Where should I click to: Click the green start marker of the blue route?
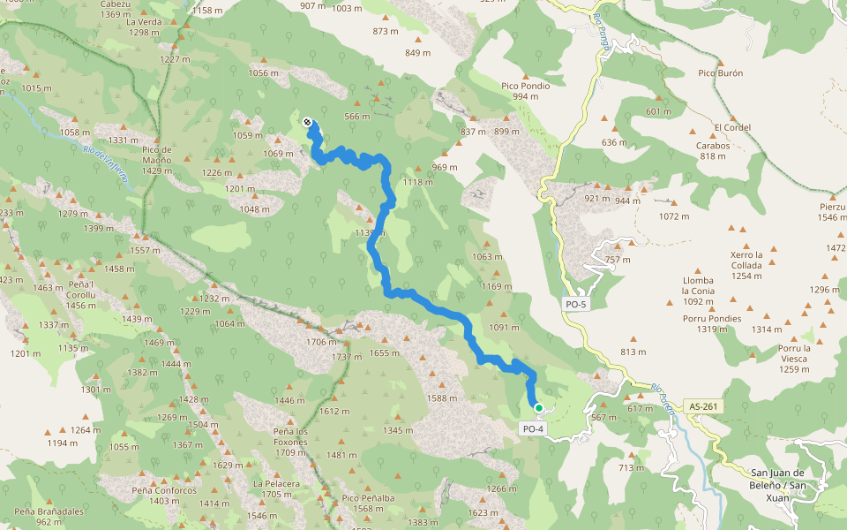tap(538, 408)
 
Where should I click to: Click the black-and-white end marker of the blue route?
tap(306, 123)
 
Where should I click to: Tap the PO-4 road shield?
tap(533, 428)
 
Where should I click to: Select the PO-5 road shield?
tap(575, 305)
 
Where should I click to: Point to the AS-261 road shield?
tap(704, 406)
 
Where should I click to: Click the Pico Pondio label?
tap(525, 86)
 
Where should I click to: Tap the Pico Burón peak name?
tap(720, 73)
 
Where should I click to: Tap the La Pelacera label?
tap(276, 483)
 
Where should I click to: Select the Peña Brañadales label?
tap(49, 511)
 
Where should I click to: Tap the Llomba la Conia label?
tap(698, 285)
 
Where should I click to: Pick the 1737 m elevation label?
tap(347, 357)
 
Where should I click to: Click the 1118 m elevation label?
tap(418, 182)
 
